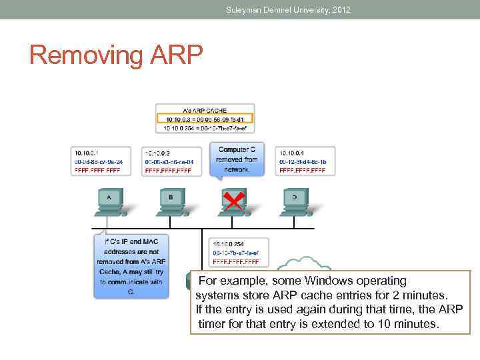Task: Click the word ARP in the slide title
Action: pos(172,55)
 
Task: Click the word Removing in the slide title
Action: pos(83,55)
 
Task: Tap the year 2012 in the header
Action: pos(339,10)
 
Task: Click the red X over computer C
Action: pos(233,200)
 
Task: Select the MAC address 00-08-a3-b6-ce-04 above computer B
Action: pos(170,161)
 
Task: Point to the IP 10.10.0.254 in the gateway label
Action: pos(229,244)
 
